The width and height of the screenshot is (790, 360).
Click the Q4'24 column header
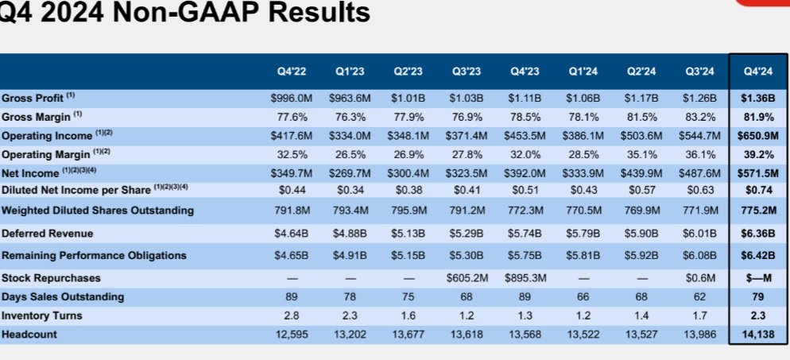(x=757, y=71)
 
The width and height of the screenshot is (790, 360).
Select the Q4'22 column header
(x=292, y=71)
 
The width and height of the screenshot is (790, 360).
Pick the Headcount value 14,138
(x=757, y=334)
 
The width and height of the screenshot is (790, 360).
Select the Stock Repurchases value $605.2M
(x=466, y=278)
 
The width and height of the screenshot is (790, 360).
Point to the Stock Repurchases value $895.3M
(x=525, y=278)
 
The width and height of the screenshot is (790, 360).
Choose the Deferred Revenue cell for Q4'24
(x=757, y=234)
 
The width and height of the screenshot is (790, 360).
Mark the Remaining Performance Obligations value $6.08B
(x=699, y=256)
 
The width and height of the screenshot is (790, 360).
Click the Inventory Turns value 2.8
(x=292, y=315)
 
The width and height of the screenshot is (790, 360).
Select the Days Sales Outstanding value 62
(x=699, y=296)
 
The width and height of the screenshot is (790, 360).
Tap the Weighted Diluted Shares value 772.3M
(x=525, y=211)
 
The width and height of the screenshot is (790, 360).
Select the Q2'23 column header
(x=408, y=71)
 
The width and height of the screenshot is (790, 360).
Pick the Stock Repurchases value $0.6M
(x=699, y=278)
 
